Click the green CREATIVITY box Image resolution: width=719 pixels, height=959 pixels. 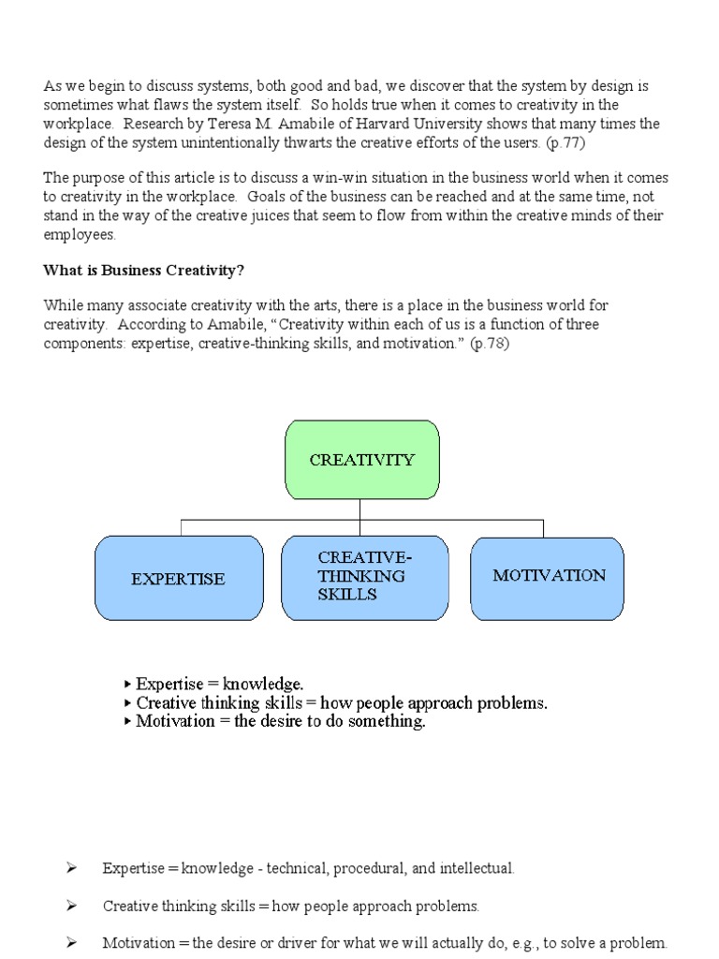(x=361, y=459)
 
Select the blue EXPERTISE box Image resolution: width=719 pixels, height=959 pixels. (x=178, y=578)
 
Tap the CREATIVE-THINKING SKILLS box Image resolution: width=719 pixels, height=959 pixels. (x=360, y=577)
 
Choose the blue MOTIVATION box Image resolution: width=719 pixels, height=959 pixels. (x=548, y=577)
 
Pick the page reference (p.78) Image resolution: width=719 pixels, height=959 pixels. (x=490, y=343)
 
